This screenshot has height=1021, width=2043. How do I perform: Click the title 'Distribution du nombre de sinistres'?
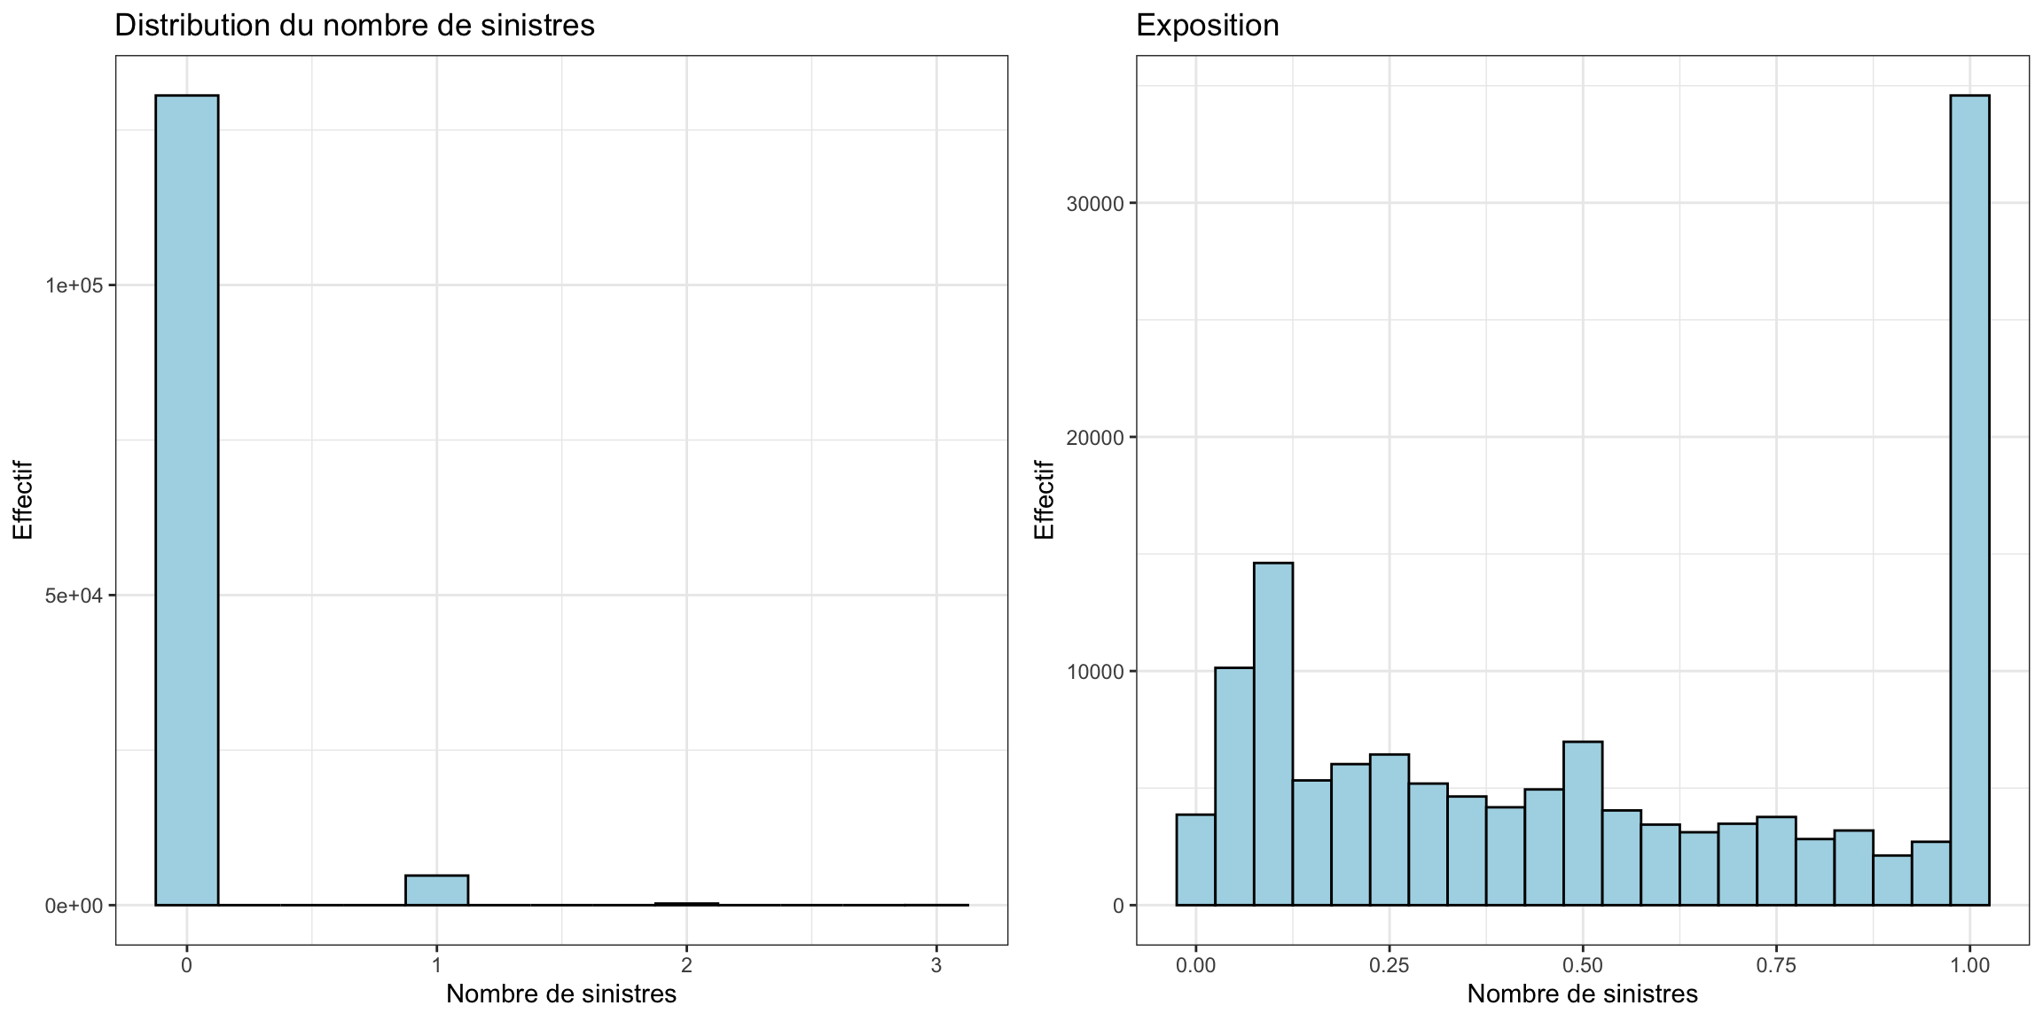(x=354, y=26)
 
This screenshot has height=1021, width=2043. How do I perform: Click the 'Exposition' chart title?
(x=1207, y=26)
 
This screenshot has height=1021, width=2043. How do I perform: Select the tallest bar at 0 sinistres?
(x=186, y=496)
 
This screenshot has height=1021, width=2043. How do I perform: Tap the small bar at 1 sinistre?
(x=436, y=890)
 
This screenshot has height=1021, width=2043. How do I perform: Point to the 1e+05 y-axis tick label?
(x=74, y=285)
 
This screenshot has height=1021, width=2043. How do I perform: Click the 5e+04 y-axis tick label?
(x=74, y=596)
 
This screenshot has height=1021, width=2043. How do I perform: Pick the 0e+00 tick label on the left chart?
(x=74, y=906)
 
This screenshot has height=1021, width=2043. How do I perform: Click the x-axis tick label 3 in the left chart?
(x=936, y=965)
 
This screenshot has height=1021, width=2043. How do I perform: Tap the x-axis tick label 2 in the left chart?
(x=686, y=965)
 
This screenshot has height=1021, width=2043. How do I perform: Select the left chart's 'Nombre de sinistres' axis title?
(x=560, y=994)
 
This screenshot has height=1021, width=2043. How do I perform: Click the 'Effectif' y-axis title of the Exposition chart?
(x=1045, y=500)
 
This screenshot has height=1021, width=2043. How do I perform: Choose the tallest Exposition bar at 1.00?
(x=1969, y=496)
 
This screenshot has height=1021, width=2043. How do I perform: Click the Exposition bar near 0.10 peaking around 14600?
(x=1272, y=736)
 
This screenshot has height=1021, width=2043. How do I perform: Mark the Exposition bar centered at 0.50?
(x=1582, y=824)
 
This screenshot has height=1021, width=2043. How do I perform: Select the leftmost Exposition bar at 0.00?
(x=1195, y=860)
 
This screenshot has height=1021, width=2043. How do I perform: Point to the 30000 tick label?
(x=1094, y=204)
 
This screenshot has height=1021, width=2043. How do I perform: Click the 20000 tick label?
(x=1094, y=438)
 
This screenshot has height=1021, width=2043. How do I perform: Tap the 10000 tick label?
(x=1094, y=672)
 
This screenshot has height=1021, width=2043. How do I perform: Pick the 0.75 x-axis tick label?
(x=1776, y=965)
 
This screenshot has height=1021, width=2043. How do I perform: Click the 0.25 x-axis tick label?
(x=1389, y=965)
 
